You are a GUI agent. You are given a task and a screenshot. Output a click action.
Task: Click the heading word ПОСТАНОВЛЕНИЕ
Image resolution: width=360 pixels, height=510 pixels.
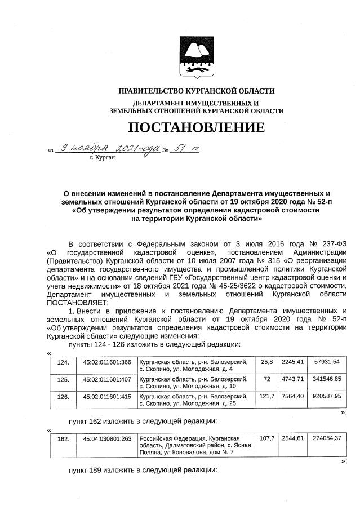tap(196, 127)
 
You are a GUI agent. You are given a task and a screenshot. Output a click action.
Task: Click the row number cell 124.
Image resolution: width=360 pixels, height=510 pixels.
tap(63, 362)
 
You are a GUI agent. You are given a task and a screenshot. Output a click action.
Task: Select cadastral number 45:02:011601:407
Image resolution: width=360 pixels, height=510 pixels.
tap(106, 379)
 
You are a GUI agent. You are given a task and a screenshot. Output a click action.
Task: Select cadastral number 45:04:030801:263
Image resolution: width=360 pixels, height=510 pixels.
tap(106, 438)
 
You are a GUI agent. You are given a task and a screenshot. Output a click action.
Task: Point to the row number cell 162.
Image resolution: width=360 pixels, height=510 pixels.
tap(63, 438)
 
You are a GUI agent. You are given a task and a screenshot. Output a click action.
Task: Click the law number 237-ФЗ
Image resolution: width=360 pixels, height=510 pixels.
tap(328, 244)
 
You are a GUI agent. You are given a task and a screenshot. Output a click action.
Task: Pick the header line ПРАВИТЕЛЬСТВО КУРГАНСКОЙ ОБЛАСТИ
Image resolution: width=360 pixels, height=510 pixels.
tap(196, 91)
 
